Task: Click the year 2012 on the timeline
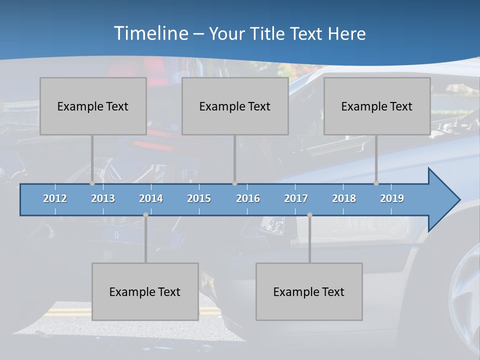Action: point(55,198)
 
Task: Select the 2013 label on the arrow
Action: point(103,198)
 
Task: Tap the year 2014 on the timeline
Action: point(151,198)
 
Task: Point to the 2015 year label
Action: point(199,198)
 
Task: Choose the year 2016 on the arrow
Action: point(248,198)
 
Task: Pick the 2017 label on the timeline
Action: point(296,198)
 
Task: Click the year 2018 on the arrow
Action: point(344,198)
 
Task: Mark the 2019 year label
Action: point(392,198)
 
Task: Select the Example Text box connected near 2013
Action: point(93,106)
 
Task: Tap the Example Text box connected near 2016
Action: point(235,106)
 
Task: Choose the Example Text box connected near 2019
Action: point(377,106)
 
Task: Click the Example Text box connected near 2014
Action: point(145,291)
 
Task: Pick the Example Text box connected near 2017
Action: point(309,291)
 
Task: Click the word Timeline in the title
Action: point(150,33)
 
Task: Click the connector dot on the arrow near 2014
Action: point(145,215)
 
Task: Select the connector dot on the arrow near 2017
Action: point(309,215)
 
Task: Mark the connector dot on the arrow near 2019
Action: point(376,183)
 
